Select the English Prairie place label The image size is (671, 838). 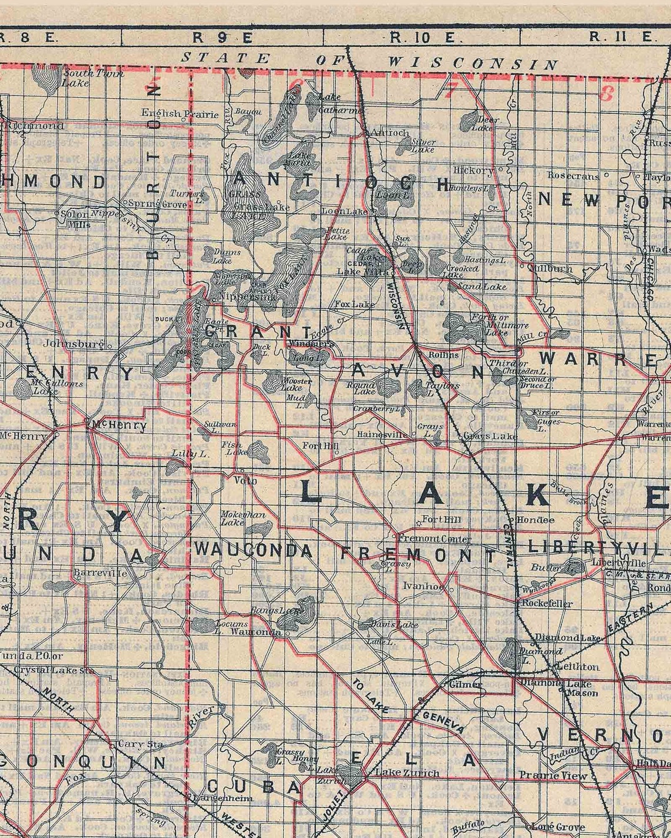coord(180,114)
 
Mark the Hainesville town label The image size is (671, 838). coord(383,434)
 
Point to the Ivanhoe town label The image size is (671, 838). coord(423,586)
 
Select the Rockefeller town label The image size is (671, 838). coord(546,603)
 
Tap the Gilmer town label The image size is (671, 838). coord(465,684)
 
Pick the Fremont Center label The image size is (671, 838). coord(434,538)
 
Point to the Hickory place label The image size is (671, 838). coord(473,170)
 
